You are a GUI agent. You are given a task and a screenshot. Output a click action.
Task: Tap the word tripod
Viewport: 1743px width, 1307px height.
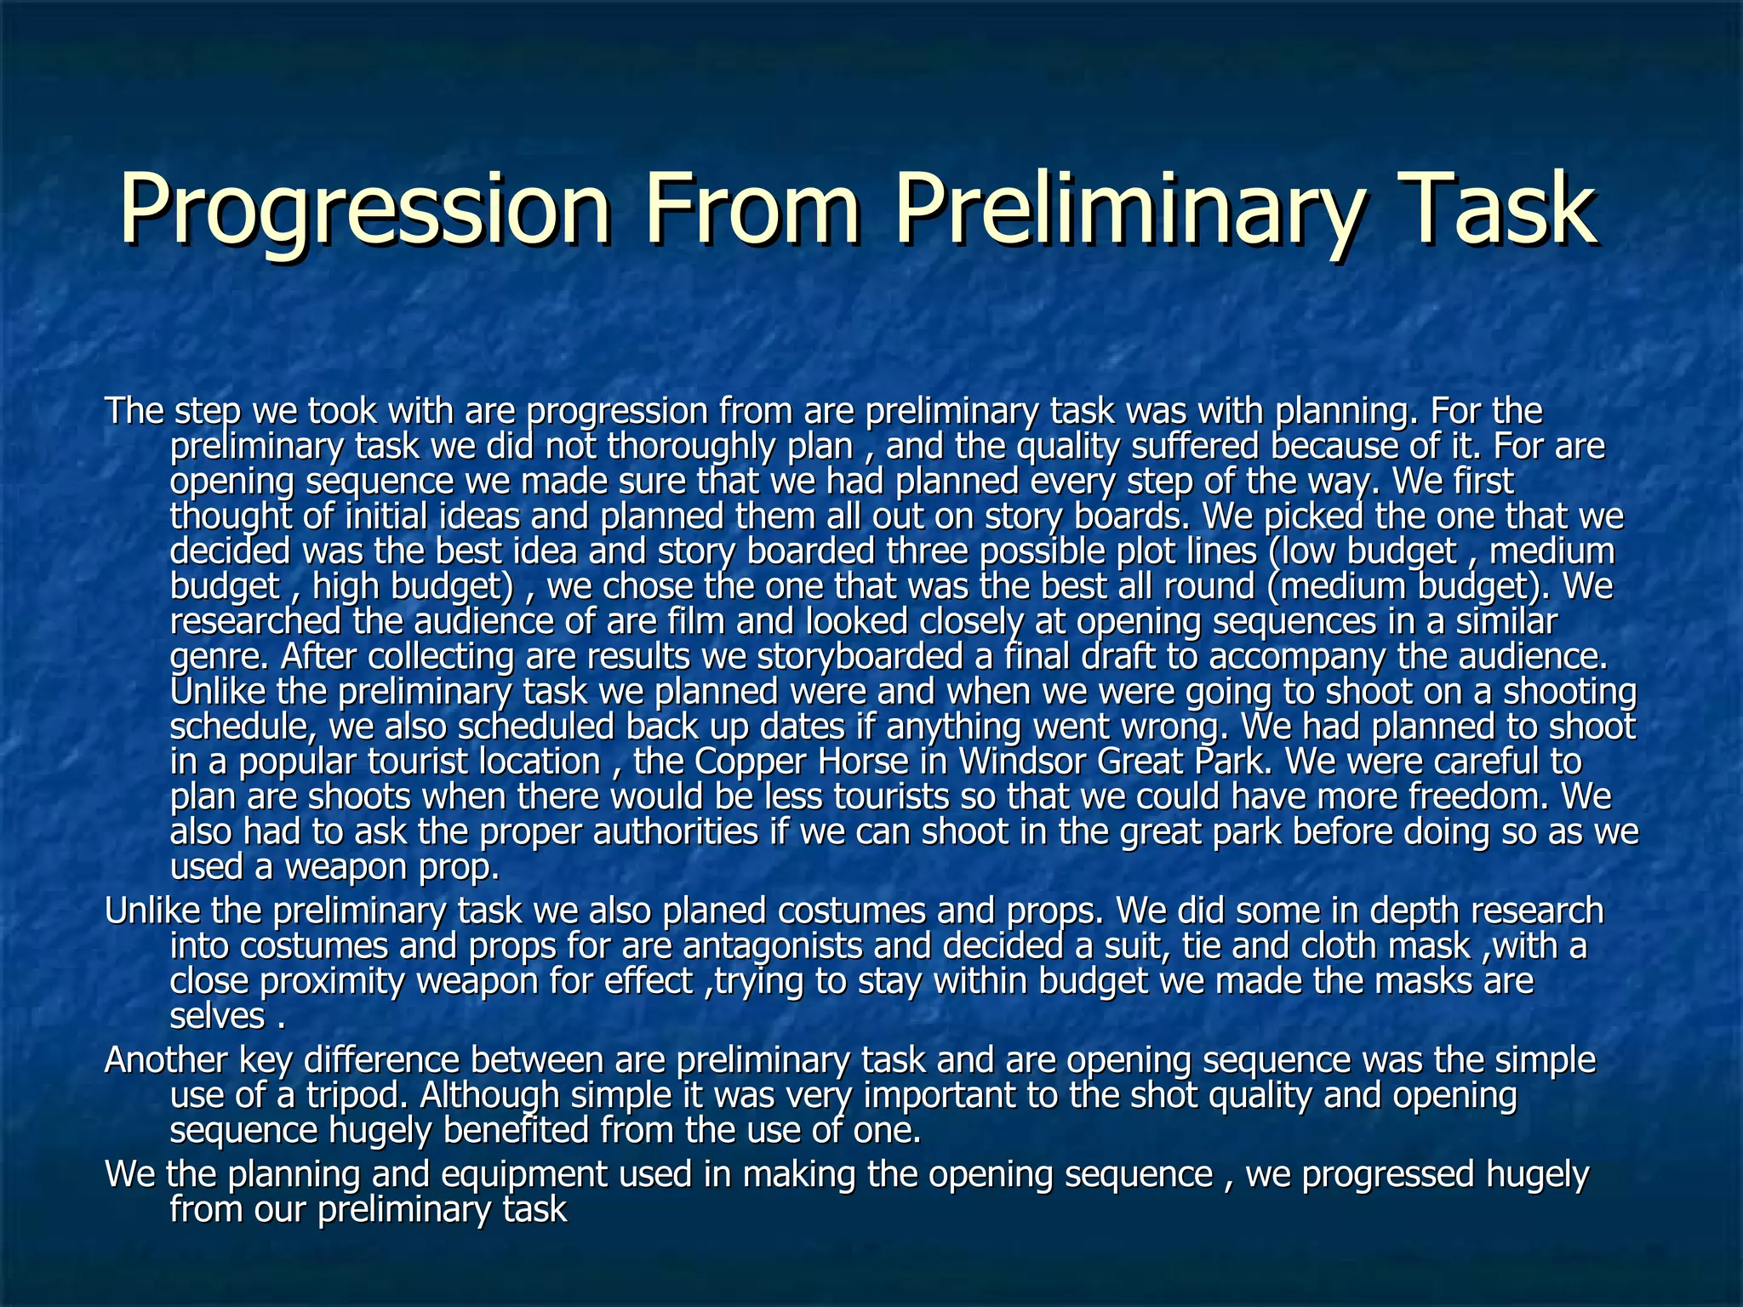click(357, 1095)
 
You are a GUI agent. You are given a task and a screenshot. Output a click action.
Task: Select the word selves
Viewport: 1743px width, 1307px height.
click(218, 1017)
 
